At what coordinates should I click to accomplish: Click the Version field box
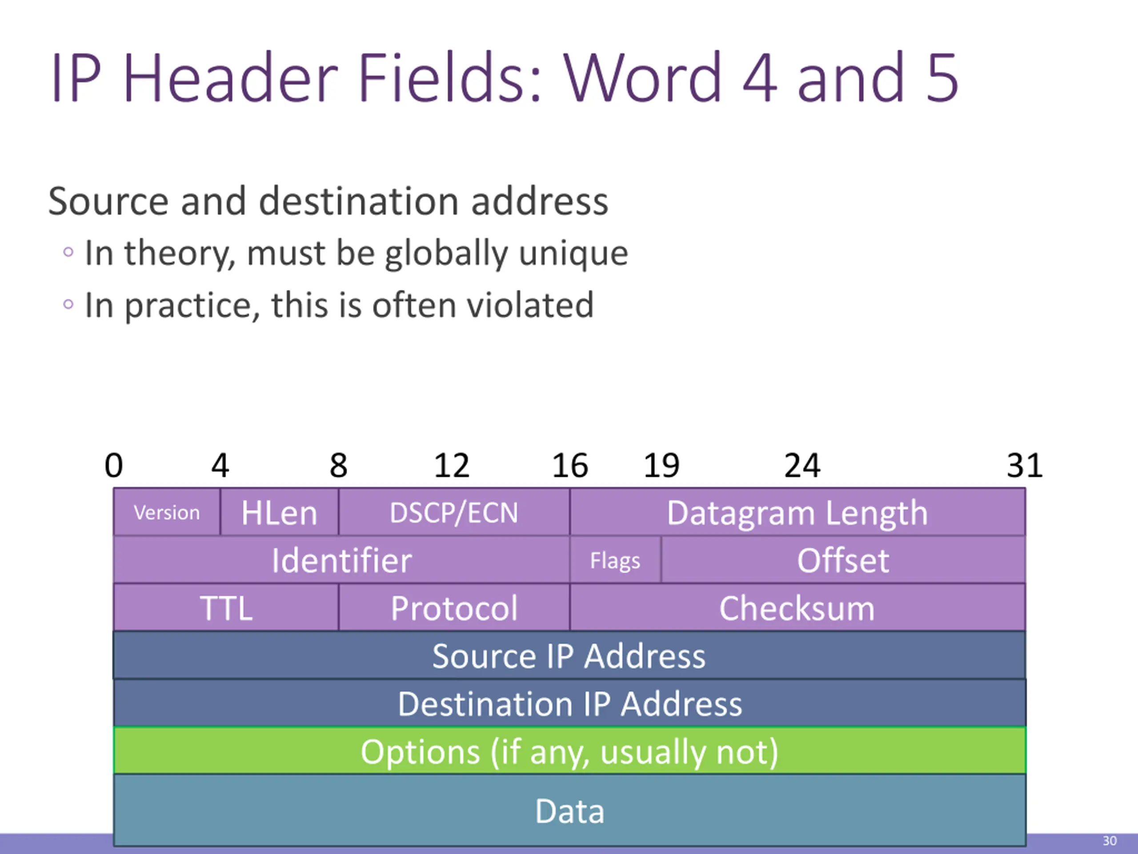[166, 513]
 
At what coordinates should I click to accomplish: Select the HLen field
[279, 513]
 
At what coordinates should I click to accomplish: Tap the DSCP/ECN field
[454, 513]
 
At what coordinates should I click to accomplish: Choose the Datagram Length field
[797, 513]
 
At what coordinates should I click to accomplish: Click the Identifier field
[341, 560]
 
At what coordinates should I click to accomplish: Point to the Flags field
[615, 560]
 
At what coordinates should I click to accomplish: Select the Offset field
[843, 560]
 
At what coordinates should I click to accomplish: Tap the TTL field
[226, 608]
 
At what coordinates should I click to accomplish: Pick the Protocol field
[454, 608]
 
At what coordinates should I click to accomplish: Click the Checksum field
[797, 608]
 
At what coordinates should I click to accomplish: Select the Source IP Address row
[569, 656]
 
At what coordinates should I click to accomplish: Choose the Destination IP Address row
[569, 704]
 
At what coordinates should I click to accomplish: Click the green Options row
[569, 751]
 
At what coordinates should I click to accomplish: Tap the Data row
[569, 811]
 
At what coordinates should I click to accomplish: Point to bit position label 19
[661, 465]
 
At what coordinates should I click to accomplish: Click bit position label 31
[1024, 465]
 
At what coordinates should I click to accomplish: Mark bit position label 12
[451, 465]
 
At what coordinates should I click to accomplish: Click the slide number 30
[1109, 841]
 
